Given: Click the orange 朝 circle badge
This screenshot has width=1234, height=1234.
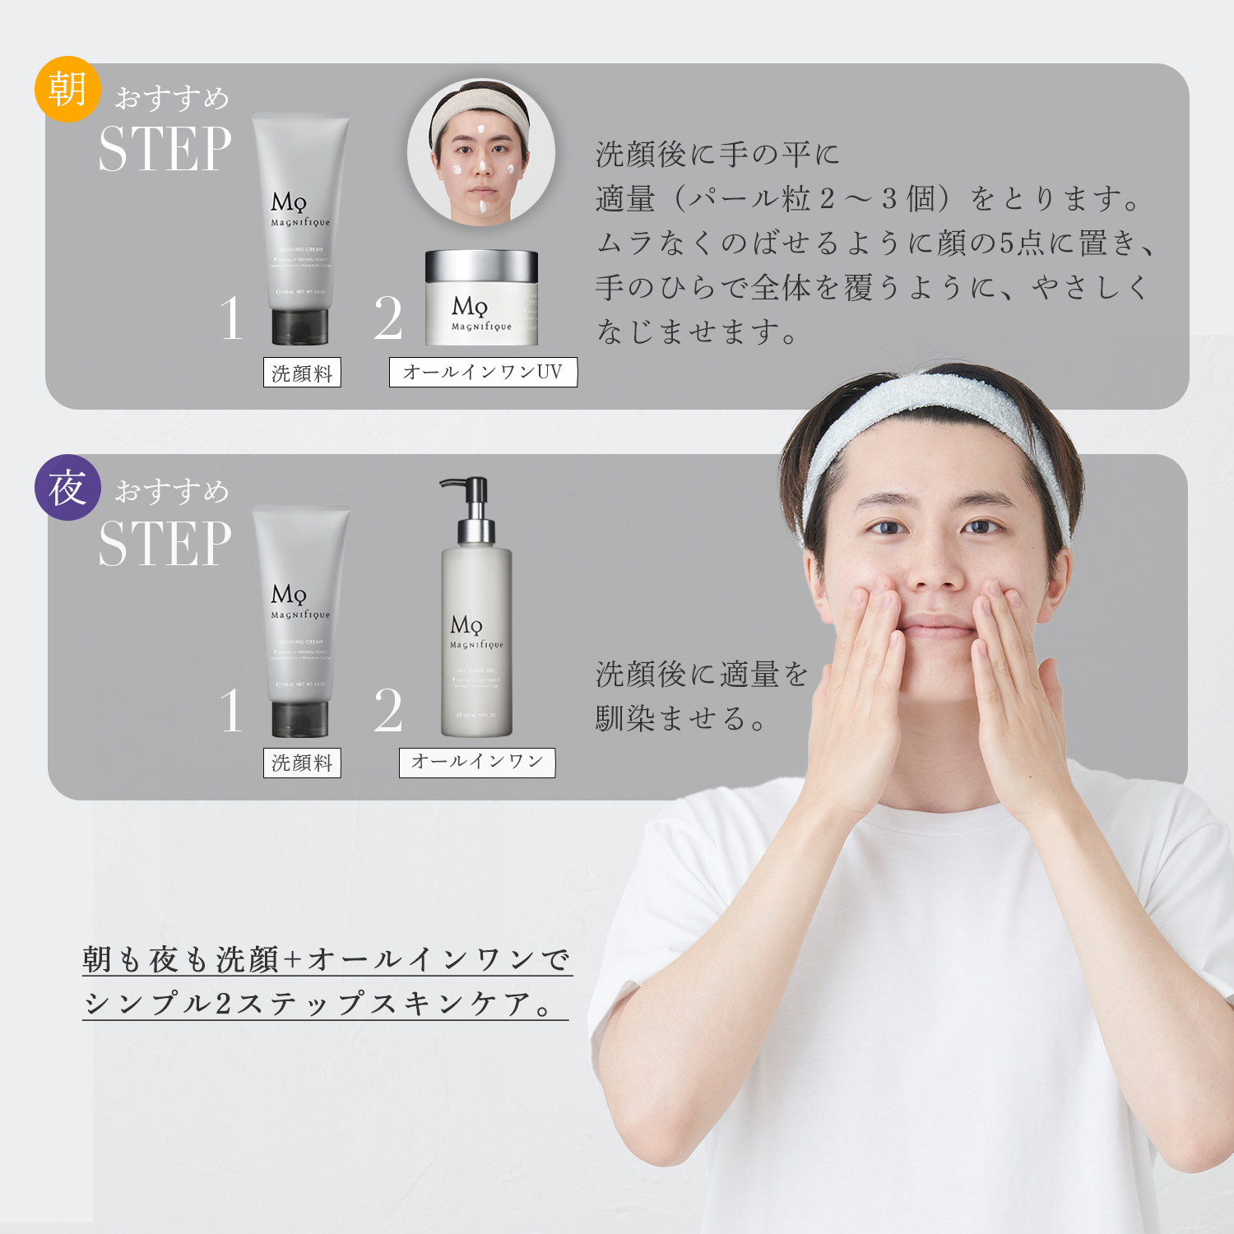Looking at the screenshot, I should point(67,89).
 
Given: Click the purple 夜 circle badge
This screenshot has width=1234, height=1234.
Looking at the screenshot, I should point(67,488).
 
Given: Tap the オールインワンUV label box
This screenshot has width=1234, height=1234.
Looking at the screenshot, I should point(483,372).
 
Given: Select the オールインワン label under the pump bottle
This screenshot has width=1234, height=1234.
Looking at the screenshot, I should point(477,762).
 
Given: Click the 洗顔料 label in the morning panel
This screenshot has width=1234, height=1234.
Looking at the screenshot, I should point(302,373).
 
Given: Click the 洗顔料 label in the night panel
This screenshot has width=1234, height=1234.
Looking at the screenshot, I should point(302,763).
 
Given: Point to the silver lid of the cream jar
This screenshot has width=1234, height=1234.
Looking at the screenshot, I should point(481,266).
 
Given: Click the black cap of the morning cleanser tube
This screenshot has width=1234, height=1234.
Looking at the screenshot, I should point(300,327).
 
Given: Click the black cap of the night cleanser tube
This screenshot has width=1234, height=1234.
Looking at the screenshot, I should point(300,719).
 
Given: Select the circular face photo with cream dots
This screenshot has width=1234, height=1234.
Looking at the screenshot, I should point(481,152).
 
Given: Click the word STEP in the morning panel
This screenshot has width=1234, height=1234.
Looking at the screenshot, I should point(165,150).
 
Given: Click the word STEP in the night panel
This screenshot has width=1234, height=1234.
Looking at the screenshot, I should point(165,544).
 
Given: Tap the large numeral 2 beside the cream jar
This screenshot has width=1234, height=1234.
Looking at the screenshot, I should point(387,318).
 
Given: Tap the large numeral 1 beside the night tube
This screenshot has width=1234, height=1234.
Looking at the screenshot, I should point(231,711).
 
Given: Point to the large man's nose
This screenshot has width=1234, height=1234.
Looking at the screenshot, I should point(934,568).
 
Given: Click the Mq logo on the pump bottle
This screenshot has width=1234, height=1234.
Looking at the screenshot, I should point(466,625).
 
